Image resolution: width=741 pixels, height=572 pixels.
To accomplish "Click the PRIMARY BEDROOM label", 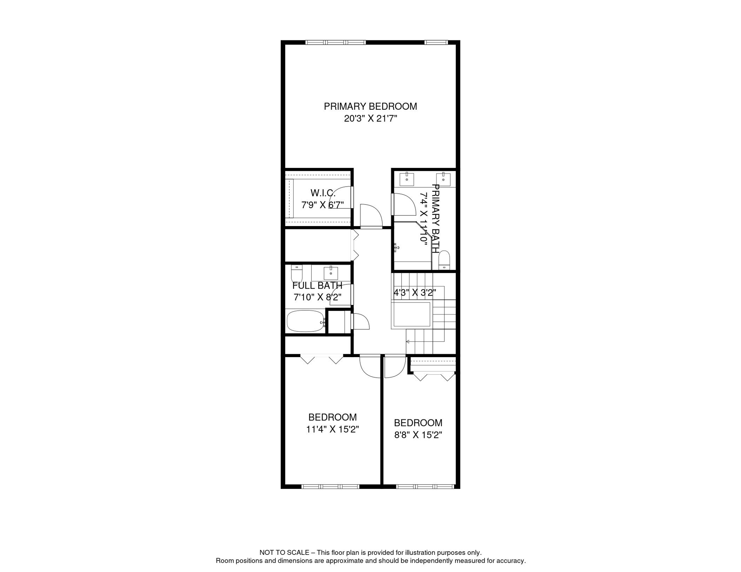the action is [x=370, y=107].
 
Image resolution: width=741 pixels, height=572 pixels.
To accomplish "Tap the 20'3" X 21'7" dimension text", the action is [x=370, y=119].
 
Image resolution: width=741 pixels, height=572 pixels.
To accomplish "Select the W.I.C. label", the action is [x=323, y=193].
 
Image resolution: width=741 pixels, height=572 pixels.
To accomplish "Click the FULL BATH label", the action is [x=317, y=286].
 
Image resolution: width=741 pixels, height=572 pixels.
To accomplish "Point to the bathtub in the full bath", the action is [x=305, y=321].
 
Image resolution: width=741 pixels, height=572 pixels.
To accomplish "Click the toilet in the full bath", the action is [x=297, y=274].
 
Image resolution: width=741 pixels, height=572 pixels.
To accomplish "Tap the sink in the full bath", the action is [x=331, y=273].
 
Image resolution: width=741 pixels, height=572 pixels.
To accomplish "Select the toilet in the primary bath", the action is [x=444, y=260].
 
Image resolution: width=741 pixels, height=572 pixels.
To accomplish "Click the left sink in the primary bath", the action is [x=407, y=179].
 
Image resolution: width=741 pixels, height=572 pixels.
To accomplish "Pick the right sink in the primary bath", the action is [x=443, y=179].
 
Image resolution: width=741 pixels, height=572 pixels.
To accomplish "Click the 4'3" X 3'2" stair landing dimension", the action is [x=415, y=293].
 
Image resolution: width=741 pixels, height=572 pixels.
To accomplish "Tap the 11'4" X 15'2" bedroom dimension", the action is [x=332, y=429].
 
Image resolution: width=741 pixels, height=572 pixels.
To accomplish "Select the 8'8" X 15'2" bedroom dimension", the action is [x=418, y=435].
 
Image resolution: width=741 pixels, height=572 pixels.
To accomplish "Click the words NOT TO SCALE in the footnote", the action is [x=284, y=553].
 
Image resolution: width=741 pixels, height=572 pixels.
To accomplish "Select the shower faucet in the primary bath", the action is [x=397, y=247].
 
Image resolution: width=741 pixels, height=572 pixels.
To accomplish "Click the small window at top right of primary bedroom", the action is [x=436, y=42].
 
